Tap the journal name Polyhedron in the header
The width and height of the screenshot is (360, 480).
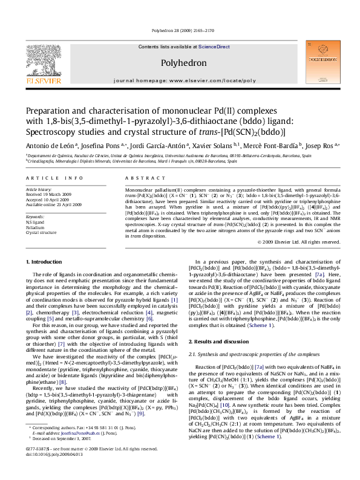(180, 63)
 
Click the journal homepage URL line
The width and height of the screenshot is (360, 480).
(180, 80)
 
